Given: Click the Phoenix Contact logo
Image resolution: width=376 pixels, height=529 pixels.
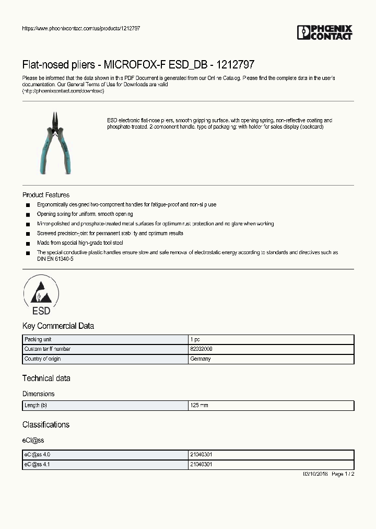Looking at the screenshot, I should click(324, 32).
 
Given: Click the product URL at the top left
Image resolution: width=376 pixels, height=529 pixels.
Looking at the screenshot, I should click(81, 28).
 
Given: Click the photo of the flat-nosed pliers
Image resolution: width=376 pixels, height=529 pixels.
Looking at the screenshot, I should click(54, 143).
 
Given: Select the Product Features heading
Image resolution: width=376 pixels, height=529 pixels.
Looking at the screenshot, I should click(46, 195).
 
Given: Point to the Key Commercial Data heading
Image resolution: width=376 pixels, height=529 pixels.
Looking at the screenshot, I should click(58, 326).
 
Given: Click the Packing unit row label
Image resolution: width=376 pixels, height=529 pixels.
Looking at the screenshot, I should click(39, 339).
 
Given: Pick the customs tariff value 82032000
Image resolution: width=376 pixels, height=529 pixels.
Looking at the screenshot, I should click(201, 349).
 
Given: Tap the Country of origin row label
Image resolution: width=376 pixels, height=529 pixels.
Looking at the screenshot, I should click(42, 359).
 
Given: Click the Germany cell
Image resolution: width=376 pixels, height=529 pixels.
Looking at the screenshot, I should click(201, 359).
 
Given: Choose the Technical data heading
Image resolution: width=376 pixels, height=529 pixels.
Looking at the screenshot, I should click(46, 378).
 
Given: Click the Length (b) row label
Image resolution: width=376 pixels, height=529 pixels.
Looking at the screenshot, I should click(36, 406).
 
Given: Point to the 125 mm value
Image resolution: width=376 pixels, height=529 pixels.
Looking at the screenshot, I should click(199, 406).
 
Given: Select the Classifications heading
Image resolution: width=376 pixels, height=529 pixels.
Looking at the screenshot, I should click(46, 425).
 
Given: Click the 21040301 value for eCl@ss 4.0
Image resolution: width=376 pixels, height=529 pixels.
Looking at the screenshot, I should click(202, 455).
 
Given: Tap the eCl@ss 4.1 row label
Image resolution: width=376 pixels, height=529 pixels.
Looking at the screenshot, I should click(37, 465).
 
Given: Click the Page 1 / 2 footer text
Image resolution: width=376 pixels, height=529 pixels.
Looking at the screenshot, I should click(343, 474).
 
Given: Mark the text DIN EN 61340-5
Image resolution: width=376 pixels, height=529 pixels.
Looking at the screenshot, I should click(51, 259).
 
